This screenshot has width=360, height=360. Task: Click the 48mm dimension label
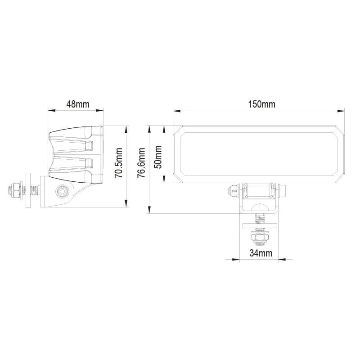point(77,104)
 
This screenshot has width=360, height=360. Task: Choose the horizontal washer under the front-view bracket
point(260,226)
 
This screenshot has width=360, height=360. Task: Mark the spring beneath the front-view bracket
point(260,219)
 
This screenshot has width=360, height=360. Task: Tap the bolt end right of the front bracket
point(284,191)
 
